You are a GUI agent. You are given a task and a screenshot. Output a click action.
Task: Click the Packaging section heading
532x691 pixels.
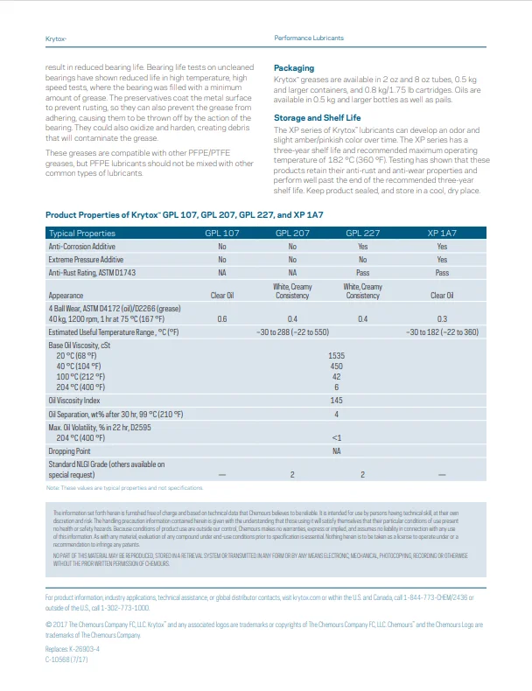(x=294, y=68)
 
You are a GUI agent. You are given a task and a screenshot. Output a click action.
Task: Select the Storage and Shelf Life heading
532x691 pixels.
(x=317, y=117)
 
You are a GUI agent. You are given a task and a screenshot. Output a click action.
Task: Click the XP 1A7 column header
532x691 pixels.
(x=442, y=234)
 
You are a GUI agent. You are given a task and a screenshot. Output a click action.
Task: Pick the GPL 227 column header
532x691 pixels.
(x=362, y=234)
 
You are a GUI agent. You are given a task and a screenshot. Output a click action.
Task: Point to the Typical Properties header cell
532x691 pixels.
(x=82, y=234)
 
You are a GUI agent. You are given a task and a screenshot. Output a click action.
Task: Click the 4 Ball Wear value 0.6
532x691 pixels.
(x=221, y=319)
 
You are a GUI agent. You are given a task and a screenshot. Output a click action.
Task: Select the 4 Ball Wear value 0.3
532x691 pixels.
(x=442, y=319)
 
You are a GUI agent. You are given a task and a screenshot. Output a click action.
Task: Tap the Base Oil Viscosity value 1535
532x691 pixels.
(x=336, y=356)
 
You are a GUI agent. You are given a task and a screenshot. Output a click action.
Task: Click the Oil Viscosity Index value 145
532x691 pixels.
(x=336, y=400)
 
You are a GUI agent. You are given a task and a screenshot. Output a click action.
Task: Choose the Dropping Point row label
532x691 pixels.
(x=69, y=450)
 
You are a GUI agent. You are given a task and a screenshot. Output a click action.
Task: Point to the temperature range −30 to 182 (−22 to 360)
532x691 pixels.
(x=442, y=332)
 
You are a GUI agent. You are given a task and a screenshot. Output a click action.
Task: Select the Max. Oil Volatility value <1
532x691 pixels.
(x=336, y=437)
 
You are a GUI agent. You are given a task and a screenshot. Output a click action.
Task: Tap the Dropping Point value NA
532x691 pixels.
(x=336, y=450)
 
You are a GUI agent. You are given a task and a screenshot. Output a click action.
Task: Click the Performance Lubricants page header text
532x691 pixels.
(x=309, y=38)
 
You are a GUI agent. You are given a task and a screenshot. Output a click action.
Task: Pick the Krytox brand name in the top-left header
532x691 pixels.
(x=56, y=38)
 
